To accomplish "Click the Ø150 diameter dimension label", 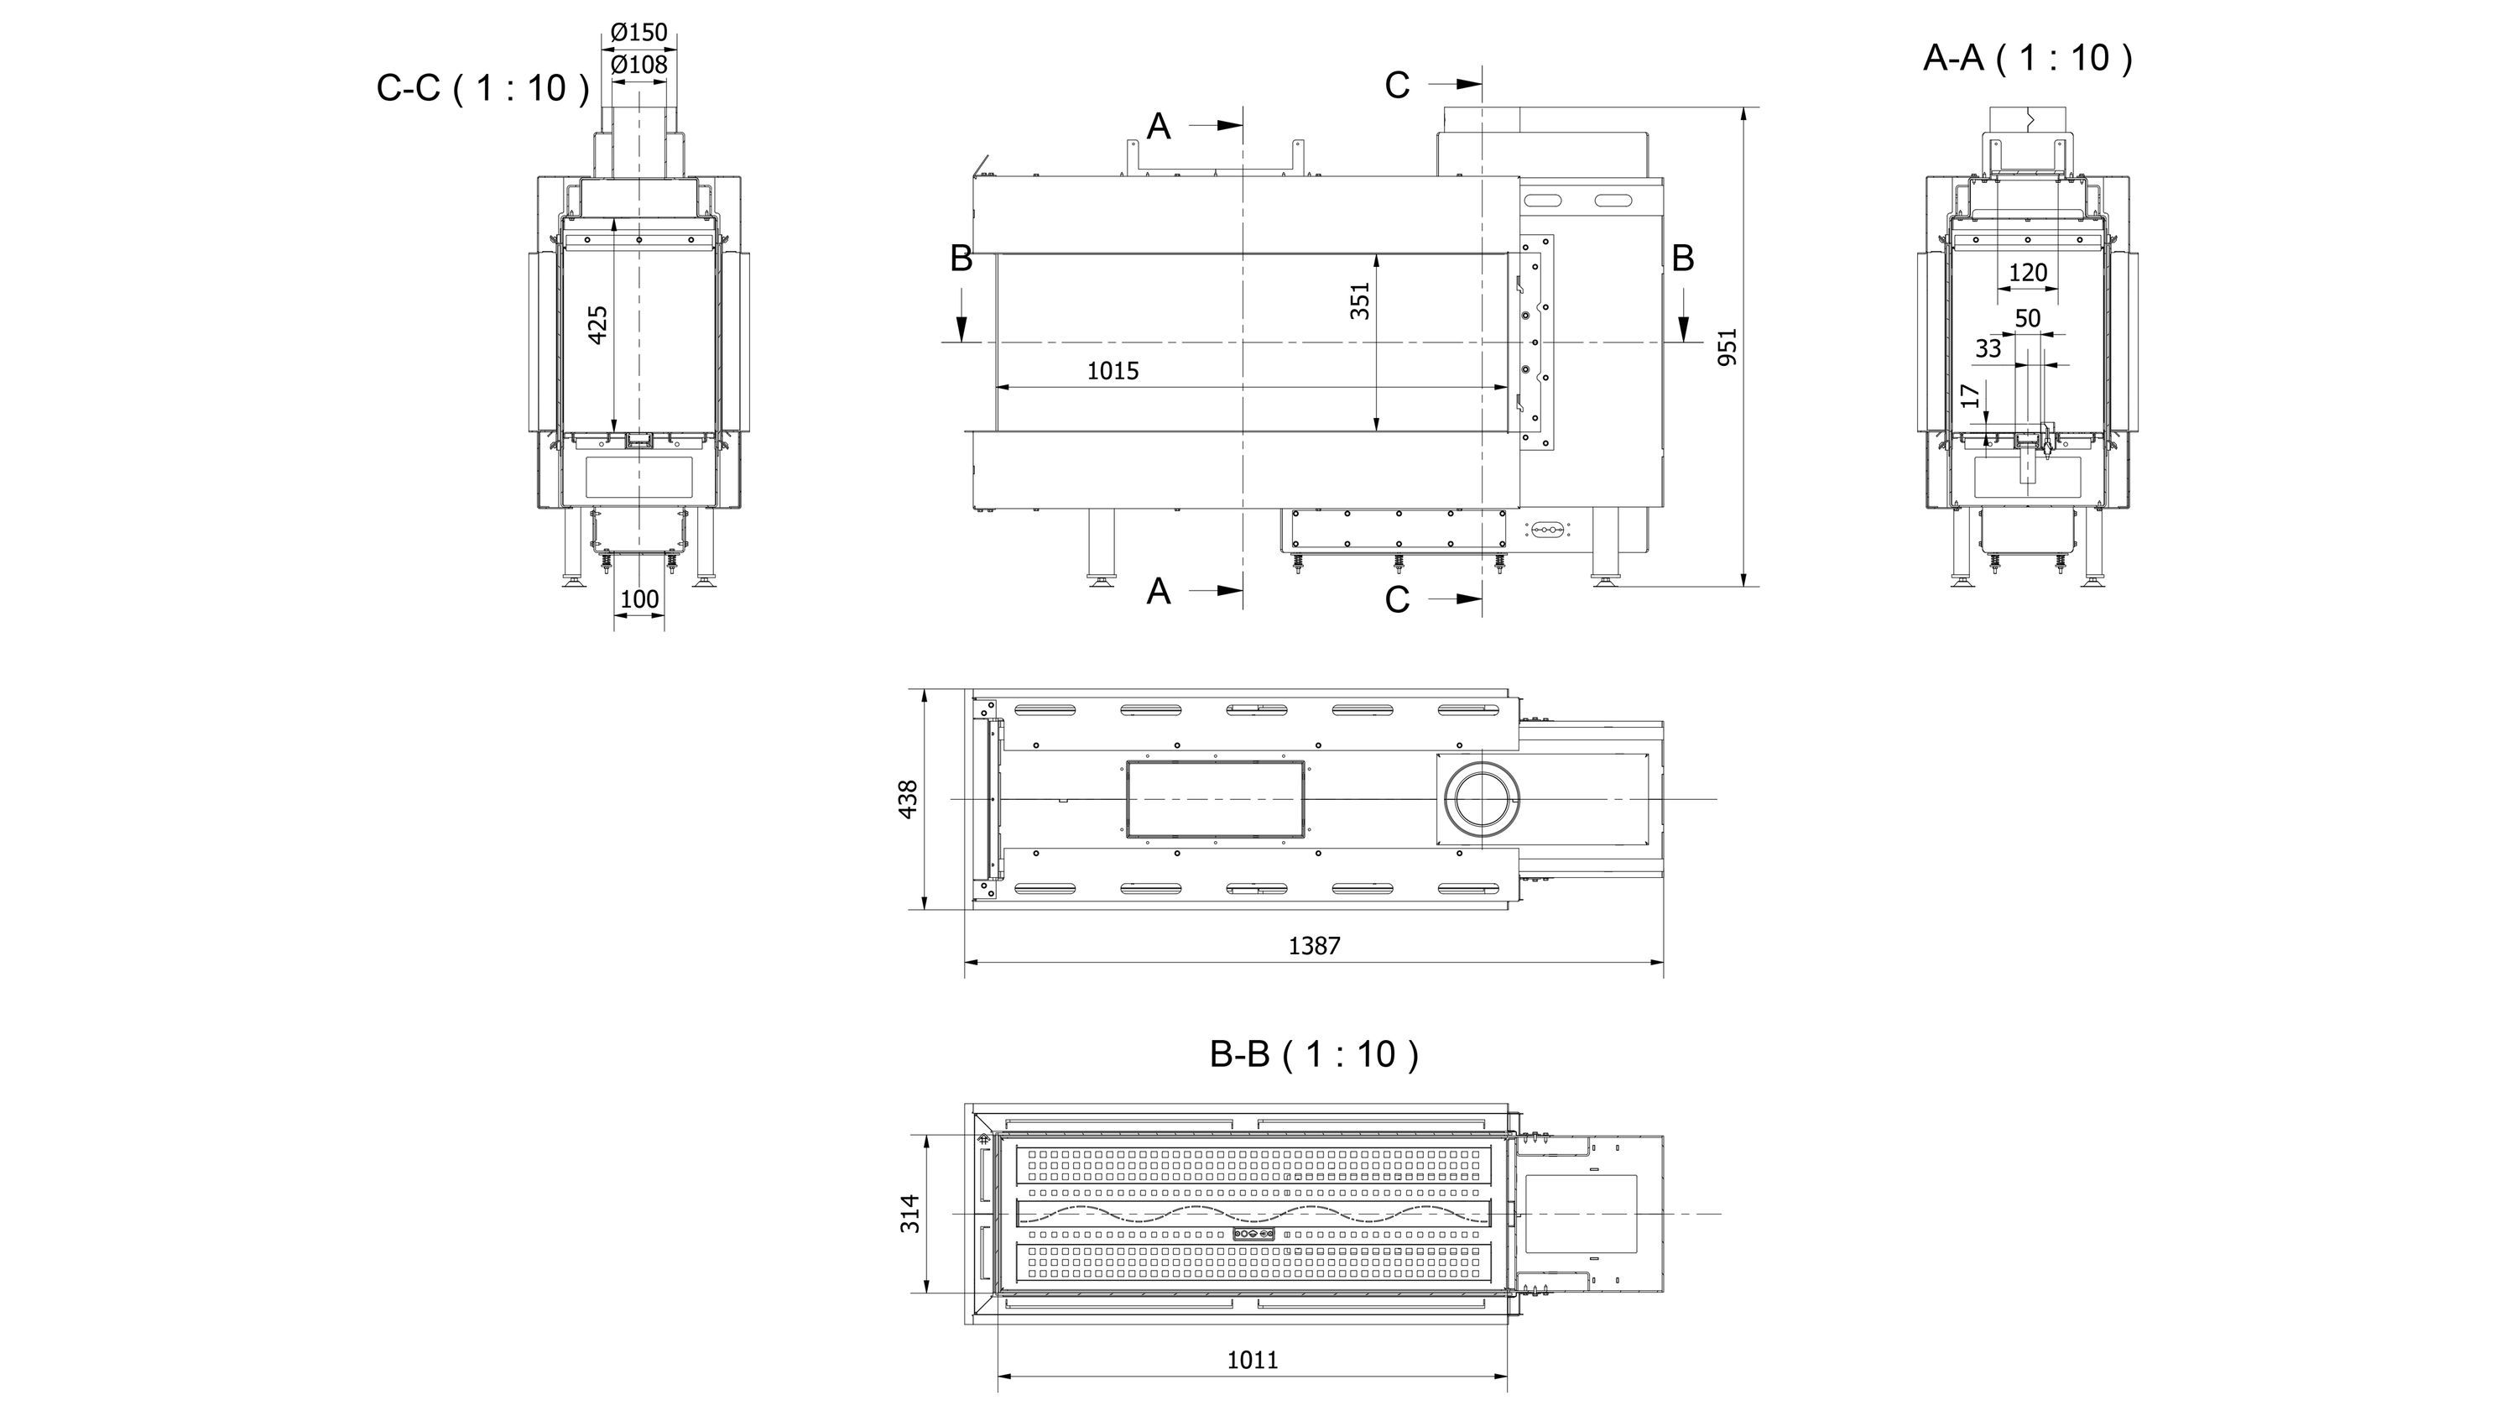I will [639, 32].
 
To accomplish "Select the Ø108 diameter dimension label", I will [639, 65].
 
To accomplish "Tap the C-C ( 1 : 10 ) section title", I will [482, 88].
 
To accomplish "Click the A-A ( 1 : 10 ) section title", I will [2028, 58].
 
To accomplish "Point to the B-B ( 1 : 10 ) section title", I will [1313, 1053].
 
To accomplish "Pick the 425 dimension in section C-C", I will [598, 325].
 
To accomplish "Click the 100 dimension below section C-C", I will [639, 599].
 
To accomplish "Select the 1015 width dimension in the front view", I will [1113, 371].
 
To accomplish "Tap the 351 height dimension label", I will [1360, 301].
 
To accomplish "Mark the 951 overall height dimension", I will [1728, 347].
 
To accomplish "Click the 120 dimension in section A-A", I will [2028, 273].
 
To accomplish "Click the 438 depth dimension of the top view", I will [908, 798].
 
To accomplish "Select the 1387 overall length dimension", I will [1314, 946].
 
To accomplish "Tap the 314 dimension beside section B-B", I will [909, 1213].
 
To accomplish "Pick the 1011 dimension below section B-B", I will [1253, 1359].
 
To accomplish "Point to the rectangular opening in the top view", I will [1215, 799].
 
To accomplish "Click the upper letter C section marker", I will [1397, 86].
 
